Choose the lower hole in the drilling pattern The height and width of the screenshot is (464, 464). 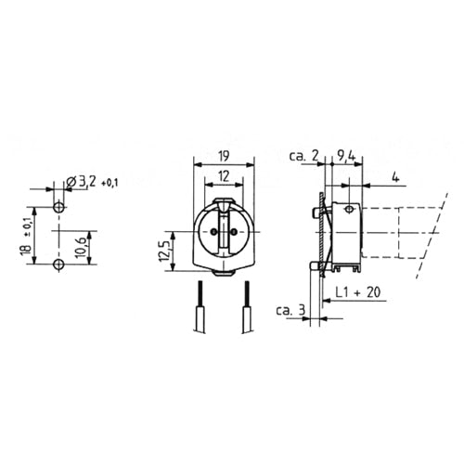click(59, 265)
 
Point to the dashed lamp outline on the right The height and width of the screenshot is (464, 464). click(408, 231)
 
